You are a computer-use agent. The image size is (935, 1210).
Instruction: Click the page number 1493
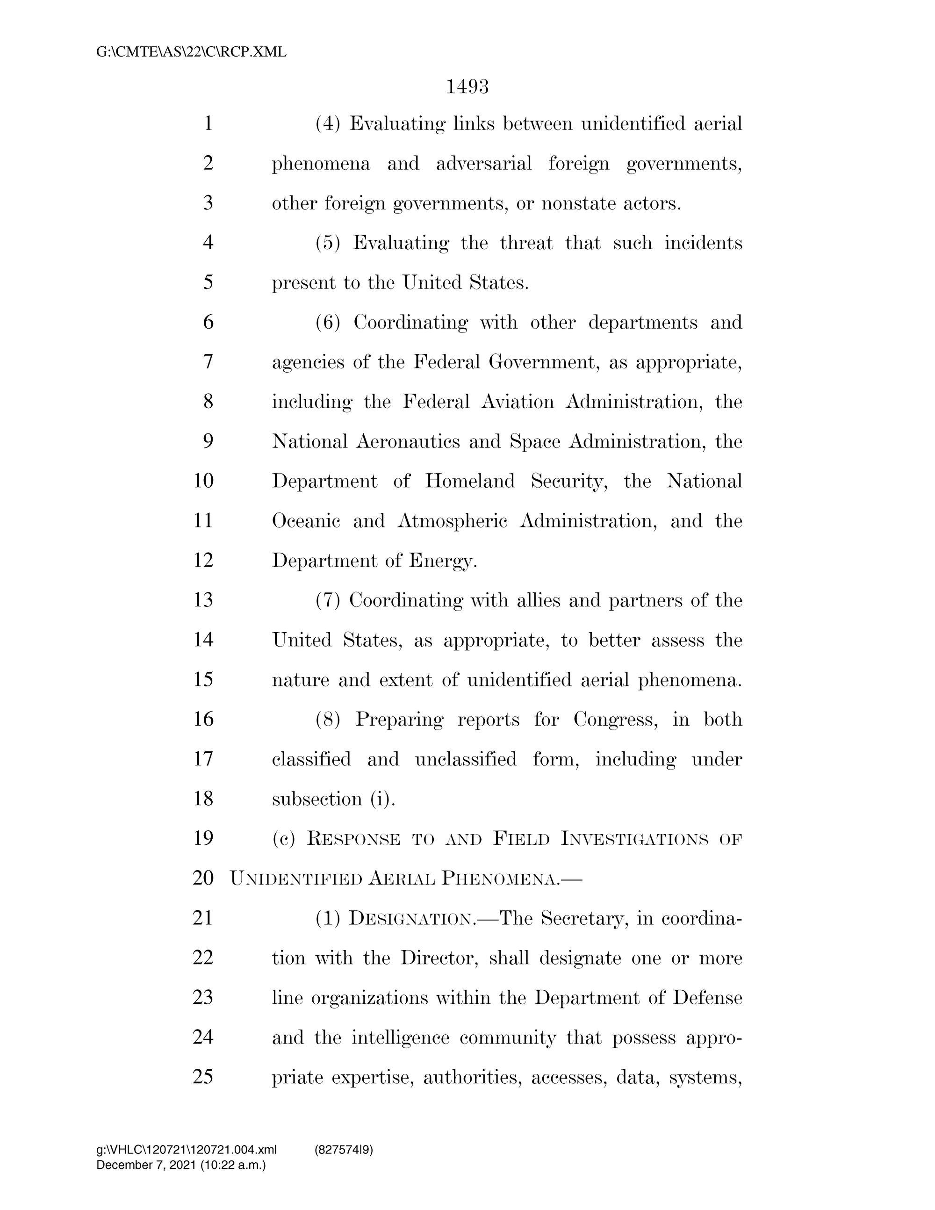pos(467,87)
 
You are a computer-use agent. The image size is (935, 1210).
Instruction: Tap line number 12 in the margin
pos(203,560)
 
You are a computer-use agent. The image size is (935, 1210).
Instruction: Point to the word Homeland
pos(470,481)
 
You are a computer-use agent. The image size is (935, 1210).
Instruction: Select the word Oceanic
pos(306,521)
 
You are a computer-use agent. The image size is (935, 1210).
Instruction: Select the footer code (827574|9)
pos(344,1150)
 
